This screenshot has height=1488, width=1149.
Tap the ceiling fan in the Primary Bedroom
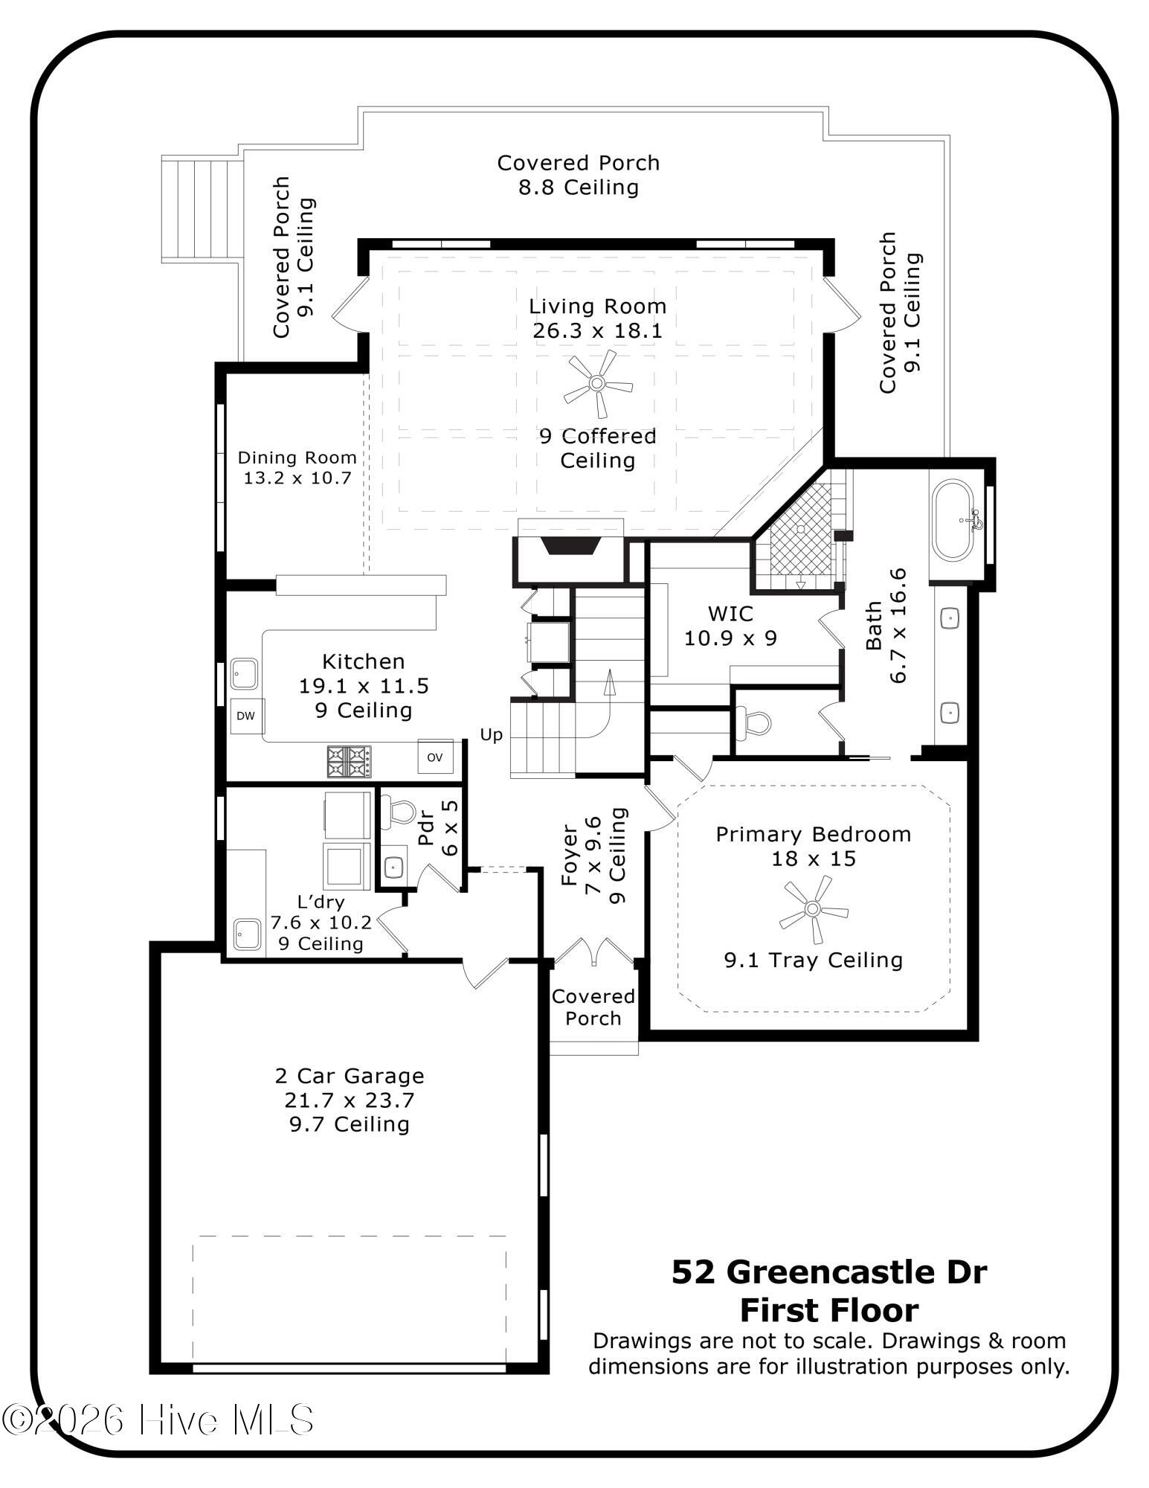tap(813, 908)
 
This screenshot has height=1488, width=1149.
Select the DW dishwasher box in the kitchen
tap(245, 716)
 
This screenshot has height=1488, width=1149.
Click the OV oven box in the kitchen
tap(435, 757)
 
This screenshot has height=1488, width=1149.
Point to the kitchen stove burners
tap(349, 761)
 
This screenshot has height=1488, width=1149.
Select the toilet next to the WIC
tap(752, 722)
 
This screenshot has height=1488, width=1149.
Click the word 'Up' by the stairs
tap(492, 735)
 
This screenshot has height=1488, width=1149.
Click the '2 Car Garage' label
tap(350, 1075)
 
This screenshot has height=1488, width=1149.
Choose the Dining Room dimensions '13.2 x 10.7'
tap(297, 478)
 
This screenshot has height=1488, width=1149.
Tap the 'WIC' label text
tap(730, 614)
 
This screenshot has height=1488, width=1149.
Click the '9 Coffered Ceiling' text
tap(598, 448)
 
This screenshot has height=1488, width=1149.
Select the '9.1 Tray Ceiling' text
tap(814, 960)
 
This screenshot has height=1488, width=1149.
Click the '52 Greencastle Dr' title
tap(829, 1272)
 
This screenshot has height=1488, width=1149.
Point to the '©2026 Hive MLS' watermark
tap(158, 1420)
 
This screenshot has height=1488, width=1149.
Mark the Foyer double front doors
tap(593, 952)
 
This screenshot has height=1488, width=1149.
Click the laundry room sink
tap(246, 934)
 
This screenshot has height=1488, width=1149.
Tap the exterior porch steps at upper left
tap(202, 209)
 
